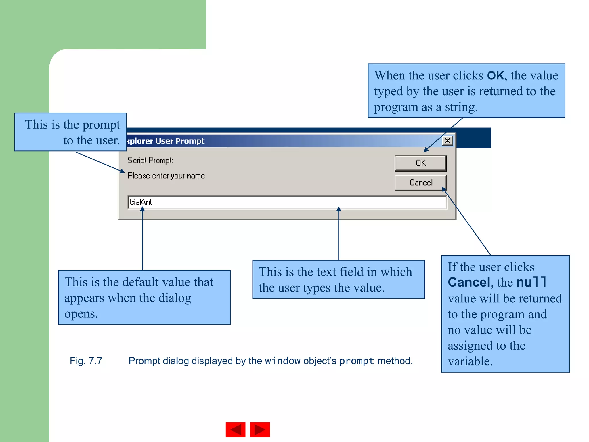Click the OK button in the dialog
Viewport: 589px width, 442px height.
pyautogui.click(x=420, y=163)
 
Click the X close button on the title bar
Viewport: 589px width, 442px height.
pyautogui.click(x=448, y=141)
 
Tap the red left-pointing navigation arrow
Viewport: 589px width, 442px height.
pyautogui.click(x=236, y=430)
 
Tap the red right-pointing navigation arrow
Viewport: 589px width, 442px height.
pyautogui.click(x=260, y=430)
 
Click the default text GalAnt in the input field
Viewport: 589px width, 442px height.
pyautogui.click(x=141, y=202)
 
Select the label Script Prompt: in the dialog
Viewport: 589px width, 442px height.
pyautogui.click(x=150, y=160)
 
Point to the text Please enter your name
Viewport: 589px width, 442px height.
pyautogui.click(x=166, y=176)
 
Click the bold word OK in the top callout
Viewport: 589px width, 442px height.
pyautogui.click(x=495, y=76)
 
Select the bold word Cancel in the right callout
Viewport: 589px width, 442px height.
pyautogui.click(x=469, y=282)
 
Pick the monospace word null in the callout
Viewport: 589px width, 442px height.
pyautogui.click(x=531, y=282)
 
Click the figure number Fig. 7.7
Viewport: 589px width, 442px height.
pyautogui.click(x=86, y=361)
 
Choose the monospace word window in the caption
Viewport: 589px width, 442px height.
pyautogui.click(x=282, y=361)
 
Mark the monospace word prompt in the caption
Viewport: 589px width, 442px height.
pyautogui.click(x=357, y=361)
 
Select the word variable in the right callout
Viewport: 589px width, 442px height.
pyautogui.click(x=470, y=361)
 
